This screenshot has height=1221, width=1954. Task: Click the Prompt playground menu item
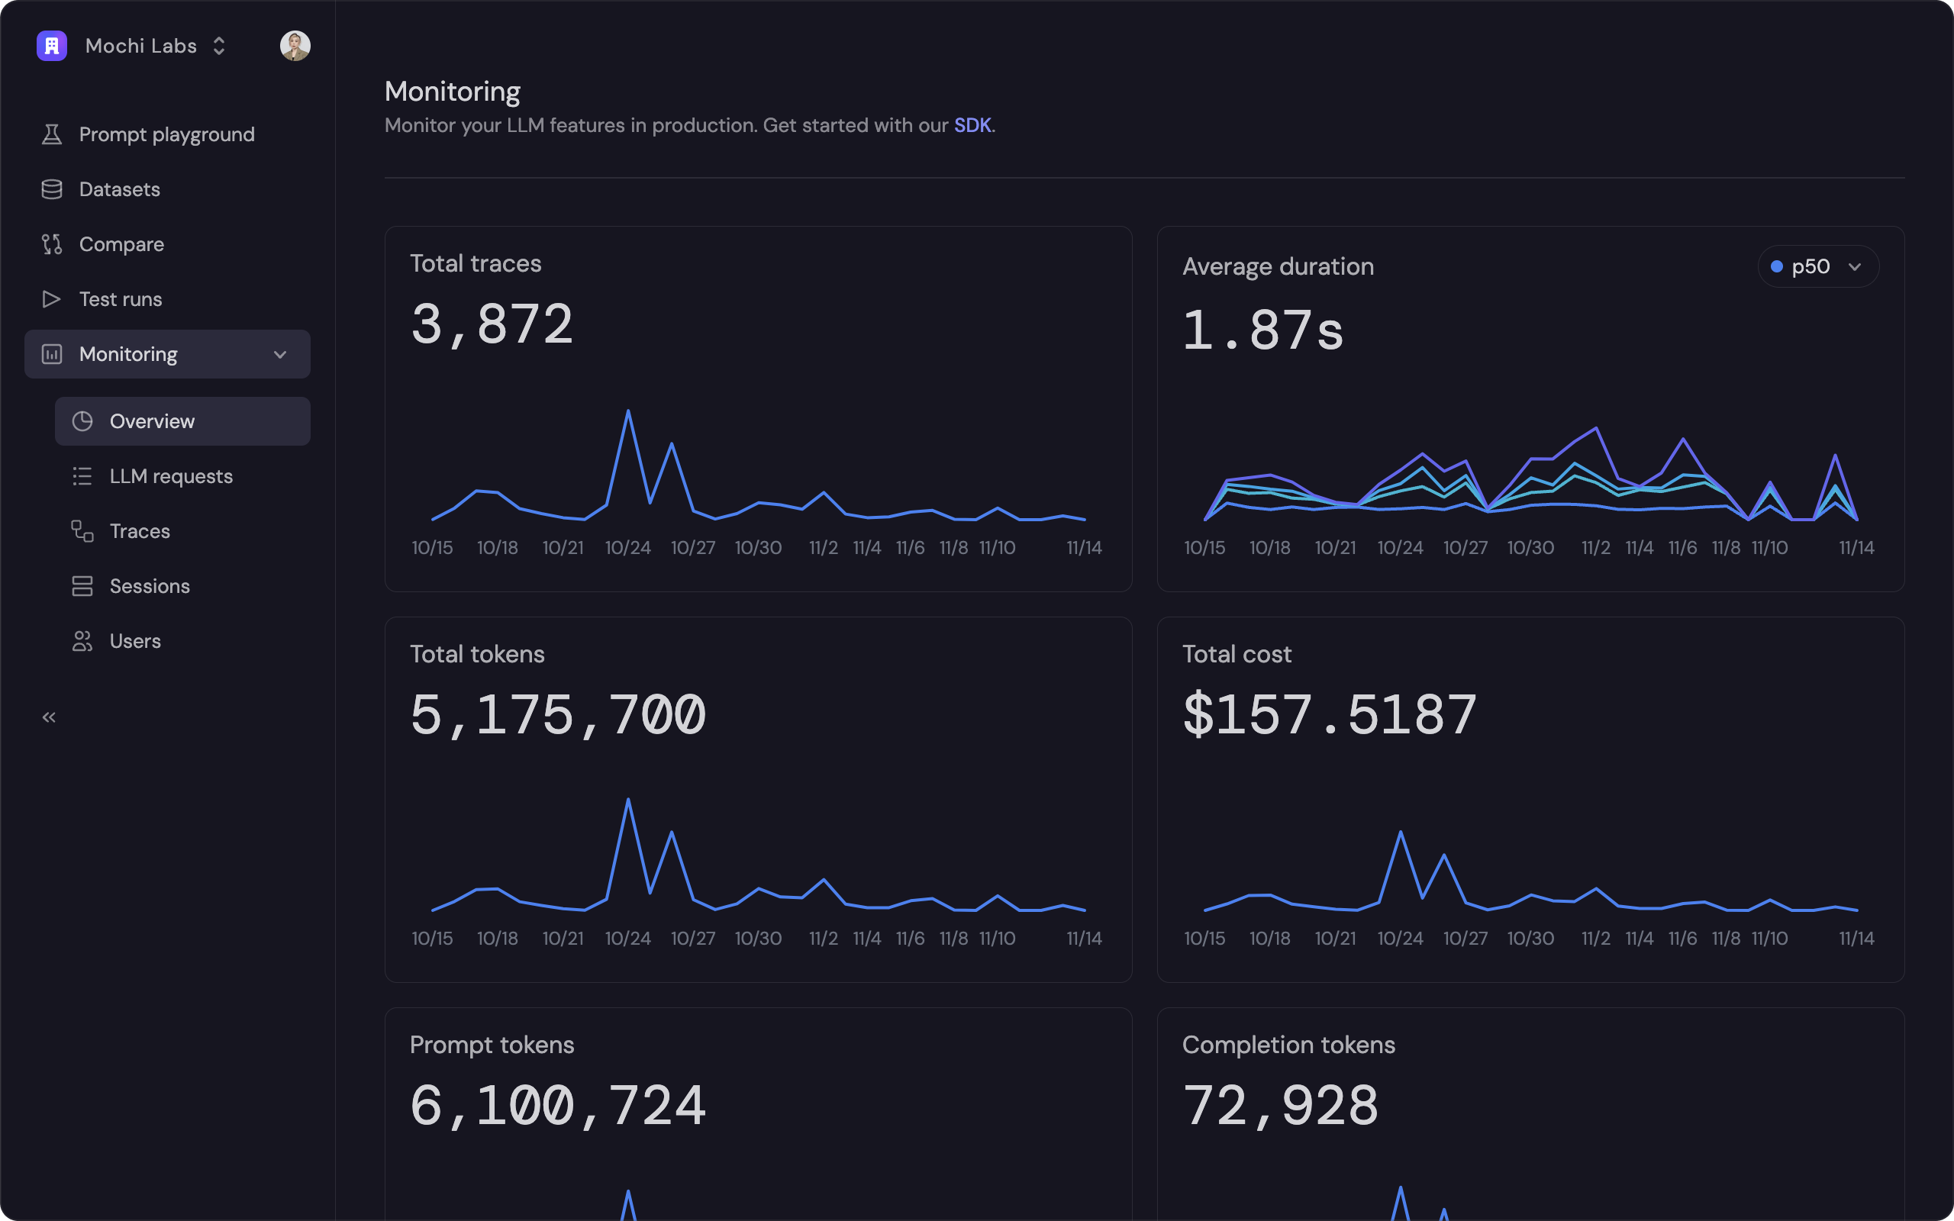tap(166, 134)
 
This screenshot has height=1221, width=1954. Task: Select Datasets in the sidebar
tap(120, 189)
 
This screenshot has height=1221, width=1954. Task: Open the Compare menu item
tap(121, 244)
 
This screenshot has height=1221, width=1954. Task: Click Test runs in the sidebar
tap(121, 299)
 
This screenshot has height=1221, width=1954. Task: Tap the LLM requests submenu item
tap(170, 476)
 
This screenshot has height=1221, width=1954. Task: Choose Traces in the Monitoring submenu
tap(140, 531)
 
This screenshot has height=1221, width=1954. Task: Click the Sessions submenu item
tap(150, 586)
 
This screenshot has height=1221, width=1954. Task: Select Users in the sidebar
tap(135, 641)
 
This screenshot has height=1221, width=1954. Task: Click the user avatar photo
tap(295, 45)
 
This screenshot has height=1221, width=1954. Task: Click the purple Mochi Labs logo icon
tap(52, 45)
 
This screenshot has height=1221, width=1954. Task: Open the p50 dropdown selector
tap(1817, 266)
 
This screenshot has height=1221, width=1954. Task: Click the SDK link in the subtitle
tap(972, 125)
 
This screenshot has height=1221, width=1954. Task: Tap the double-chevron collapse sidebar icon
tap(50, 717)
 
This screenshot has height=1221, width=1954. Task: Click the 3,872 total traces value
tap(492, 324)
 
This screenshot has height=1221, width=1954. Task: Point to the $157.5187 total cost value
tap(1329, 716)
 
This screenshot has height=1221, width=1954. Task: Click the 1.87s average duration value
tap(1262, 331)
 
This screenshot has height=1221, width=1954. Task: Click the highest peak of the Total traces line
tap(628, 412)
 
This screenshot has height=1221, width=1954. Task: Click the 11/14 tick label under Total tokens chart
tap(1084, 939)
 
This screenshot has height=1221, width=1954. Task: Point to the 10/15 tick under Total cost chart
tap(1204, 939)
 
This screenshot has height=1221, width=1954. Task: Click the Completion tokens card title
tap(1288, 1045)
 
